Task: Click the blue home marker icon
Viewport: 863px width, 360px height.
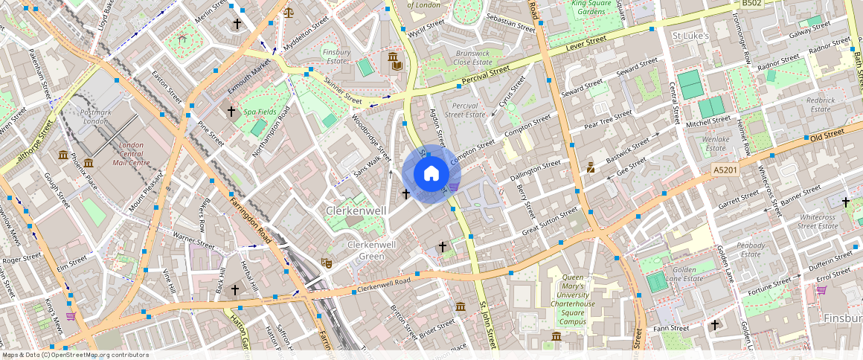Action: pos(431,174)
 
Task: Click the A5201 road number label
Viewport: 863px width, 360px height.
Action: pos(725,170)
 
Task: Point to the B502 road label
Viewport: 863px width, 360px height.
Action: pos(752,4)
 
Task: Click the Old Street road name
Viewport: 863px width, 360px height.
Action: pos(827,135)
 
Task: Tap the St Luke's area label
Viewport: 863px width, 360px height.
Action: pos(690,36)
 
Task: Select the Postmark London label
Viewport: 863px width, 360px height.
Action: pos(94,116)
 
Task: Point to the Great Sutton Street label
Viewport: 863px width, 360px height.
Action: pos(549,222)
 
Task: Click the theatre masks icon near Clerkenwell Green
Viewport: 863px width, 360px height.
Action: pos(326,263)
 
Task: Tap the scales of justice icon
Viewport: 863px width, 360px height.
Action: pos(288,12)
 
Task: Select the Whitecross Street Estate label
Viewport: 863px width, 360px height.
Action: pos(818,221)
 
